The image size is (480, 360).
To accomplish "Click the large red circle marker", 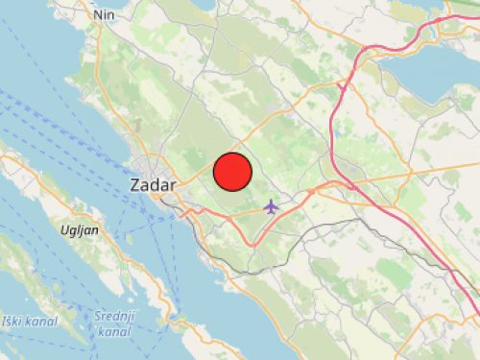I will (232, 172).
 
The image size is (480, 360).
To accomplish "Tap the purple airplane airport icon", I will (272, 205).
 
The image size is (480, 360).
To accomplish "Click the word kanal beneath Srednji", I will (113, 332).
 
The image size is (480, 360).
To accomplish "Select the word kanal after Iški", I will (43, 320).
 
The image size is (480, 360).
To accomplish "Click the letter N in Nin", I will (95, 14).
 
